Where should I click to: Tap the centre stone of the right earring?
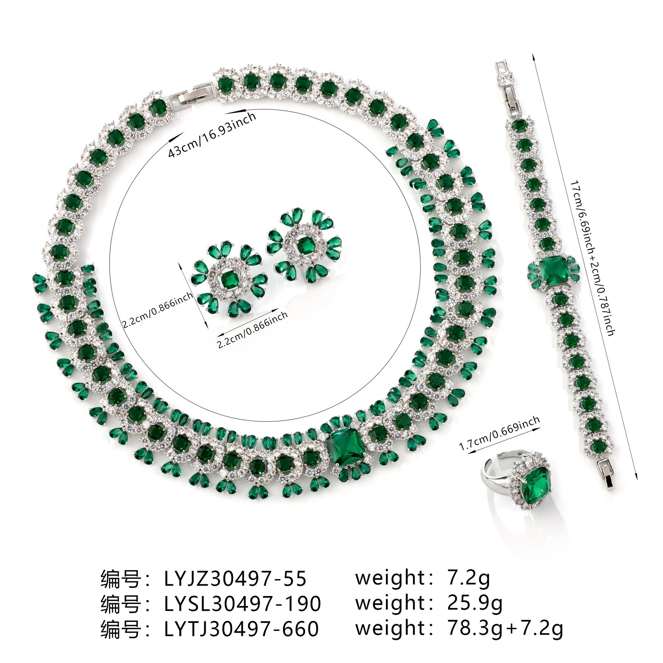coord(304,246)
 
